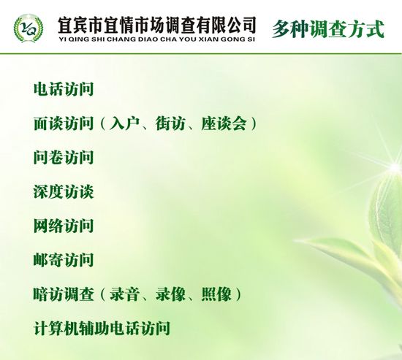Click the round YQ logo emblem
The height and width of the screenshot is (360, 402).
[29, 28]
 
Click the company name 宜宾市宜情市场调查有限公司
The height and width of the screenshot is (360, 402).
[157, 25]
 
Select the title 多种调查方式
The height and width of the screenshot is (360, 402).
[328, 29]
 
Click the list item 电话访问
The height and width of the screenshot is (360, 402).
[64, 89]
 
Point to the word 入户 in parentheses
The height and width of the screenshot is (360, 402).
[124, 123]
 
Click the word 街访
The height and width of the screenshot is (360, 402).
[170, 123]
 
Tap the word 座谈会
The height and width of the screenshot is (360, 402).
[224, 123]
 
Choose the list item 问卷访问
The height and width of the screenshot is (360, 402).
[64, 157]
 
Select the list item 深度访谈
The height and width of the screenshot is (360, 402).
[64, 191]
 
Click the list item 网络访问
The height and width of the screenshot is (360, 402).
[64, 226]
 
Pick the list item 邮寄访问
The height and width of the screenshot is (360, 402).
[64, 260]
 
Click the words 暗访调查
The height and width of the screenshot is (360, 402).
[64, 294]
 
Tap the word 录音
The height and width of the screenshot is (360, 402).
[124, 294]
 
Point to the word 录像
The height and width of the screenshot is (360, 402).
[170, 294]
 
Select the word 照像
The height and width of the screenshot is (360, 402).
[216, 294]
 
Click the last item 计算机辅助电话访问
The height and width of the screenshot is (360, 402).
[102, 328]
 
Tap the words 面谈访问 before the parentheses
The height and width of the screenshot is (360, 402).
[64, 123]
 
